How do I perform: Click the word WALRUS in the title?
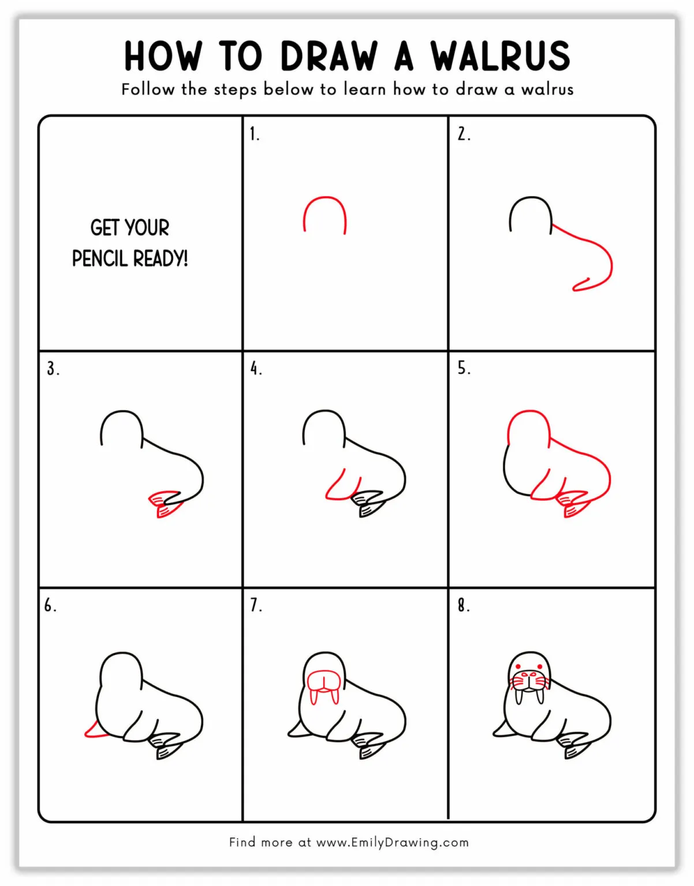pyautogui.click(x=500, y=56)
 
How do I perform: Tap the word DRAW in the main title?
pyautogui.click(x=329, y=56)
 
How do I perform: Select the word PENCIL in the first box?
pyautogui.click(x=99, y=258)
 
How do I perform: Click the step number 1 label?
pyautogui.click(x=254, y=134)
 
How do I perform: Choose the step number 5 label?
pyautogui.click(x=463, y=368)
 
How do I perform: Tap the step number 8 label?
pyautogui.click(x=463, y=605)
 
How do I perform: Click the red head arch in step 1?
pyautogui.click(x=324, y=202)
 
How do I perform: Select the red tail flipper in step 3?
pyautogui.click(x=166, y=503)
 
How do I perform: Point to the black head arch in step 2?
pyautogui.click(x=531, y=202)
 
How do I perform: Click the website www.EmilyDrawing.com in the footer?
pyautogui.click(x=392, y=842)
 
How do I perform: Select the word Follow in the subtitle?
pyautogui.click(x=147, y=89)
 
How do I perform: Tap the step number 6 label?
pyautogui.click(x=50, y=605)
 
